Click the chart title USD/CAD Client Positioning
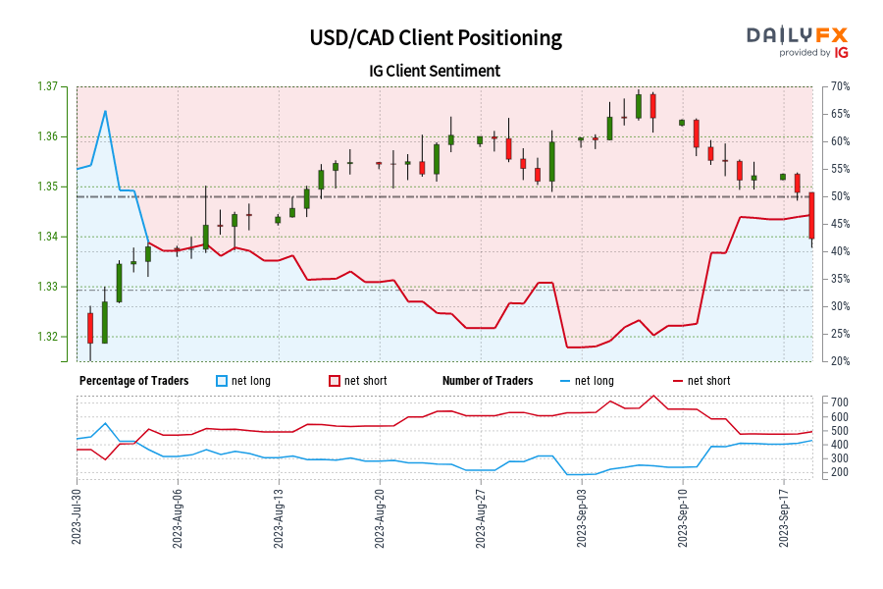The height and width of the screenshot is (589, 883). (436, 37)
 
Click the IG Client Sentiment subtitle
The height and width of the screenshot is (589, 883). (436, 71)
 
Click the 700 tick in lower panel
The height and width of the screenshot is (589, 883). (837, 402)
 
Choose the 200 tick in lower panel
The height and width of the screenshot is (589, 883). (837, 472)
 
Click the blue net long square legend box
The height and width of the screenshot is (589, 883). (221, 381)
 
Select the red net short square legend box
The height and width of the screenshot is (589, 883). (334, 381)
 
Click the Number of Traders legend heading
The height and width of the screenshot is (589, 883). (488, 381)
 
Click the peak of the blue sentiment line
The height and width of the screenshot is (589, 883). (105, 111)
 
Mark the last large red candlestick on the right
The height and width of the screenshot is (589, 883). (811, 215)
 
